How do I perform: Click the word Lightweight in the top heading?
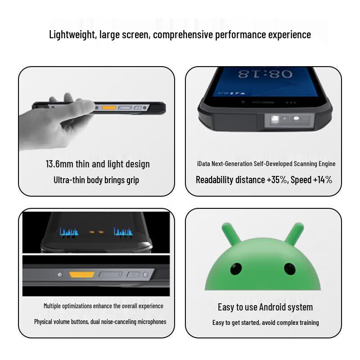click(72, 35)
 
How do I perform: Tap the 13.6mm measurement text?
click(59, 164)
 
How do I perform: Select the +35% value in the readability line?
click(277, 180)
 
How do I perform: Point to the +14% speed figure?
click(323, 180)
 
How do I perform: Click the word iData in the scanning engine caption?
click(203, 164)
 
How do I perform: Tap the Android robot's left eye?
click(236, 269)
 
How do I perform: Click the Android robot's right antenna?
click(295, 232)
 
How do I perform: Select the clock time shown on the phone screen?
click(265, 74)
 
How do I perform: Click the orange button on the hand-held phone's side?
click(109, 108)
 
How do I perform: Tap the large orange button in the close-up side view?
click(81, 274)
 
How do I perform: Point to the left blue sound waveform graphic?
click(69, 232)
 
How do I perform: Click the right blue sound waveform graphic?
click(123, 232)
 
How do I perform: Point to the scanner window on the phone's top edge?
click(289, 120)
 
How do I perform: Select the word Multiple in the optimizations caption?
click(52, 306)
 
